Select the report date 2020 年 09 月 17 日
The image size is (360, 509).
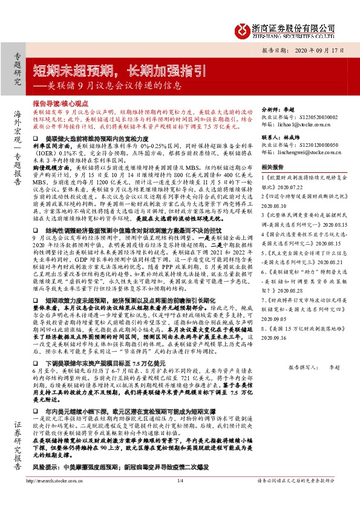pyautogui.click(x=312, y=51)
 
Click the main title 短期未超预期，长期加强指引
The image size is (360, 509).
pyautogui.click(x=113, y=67)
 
